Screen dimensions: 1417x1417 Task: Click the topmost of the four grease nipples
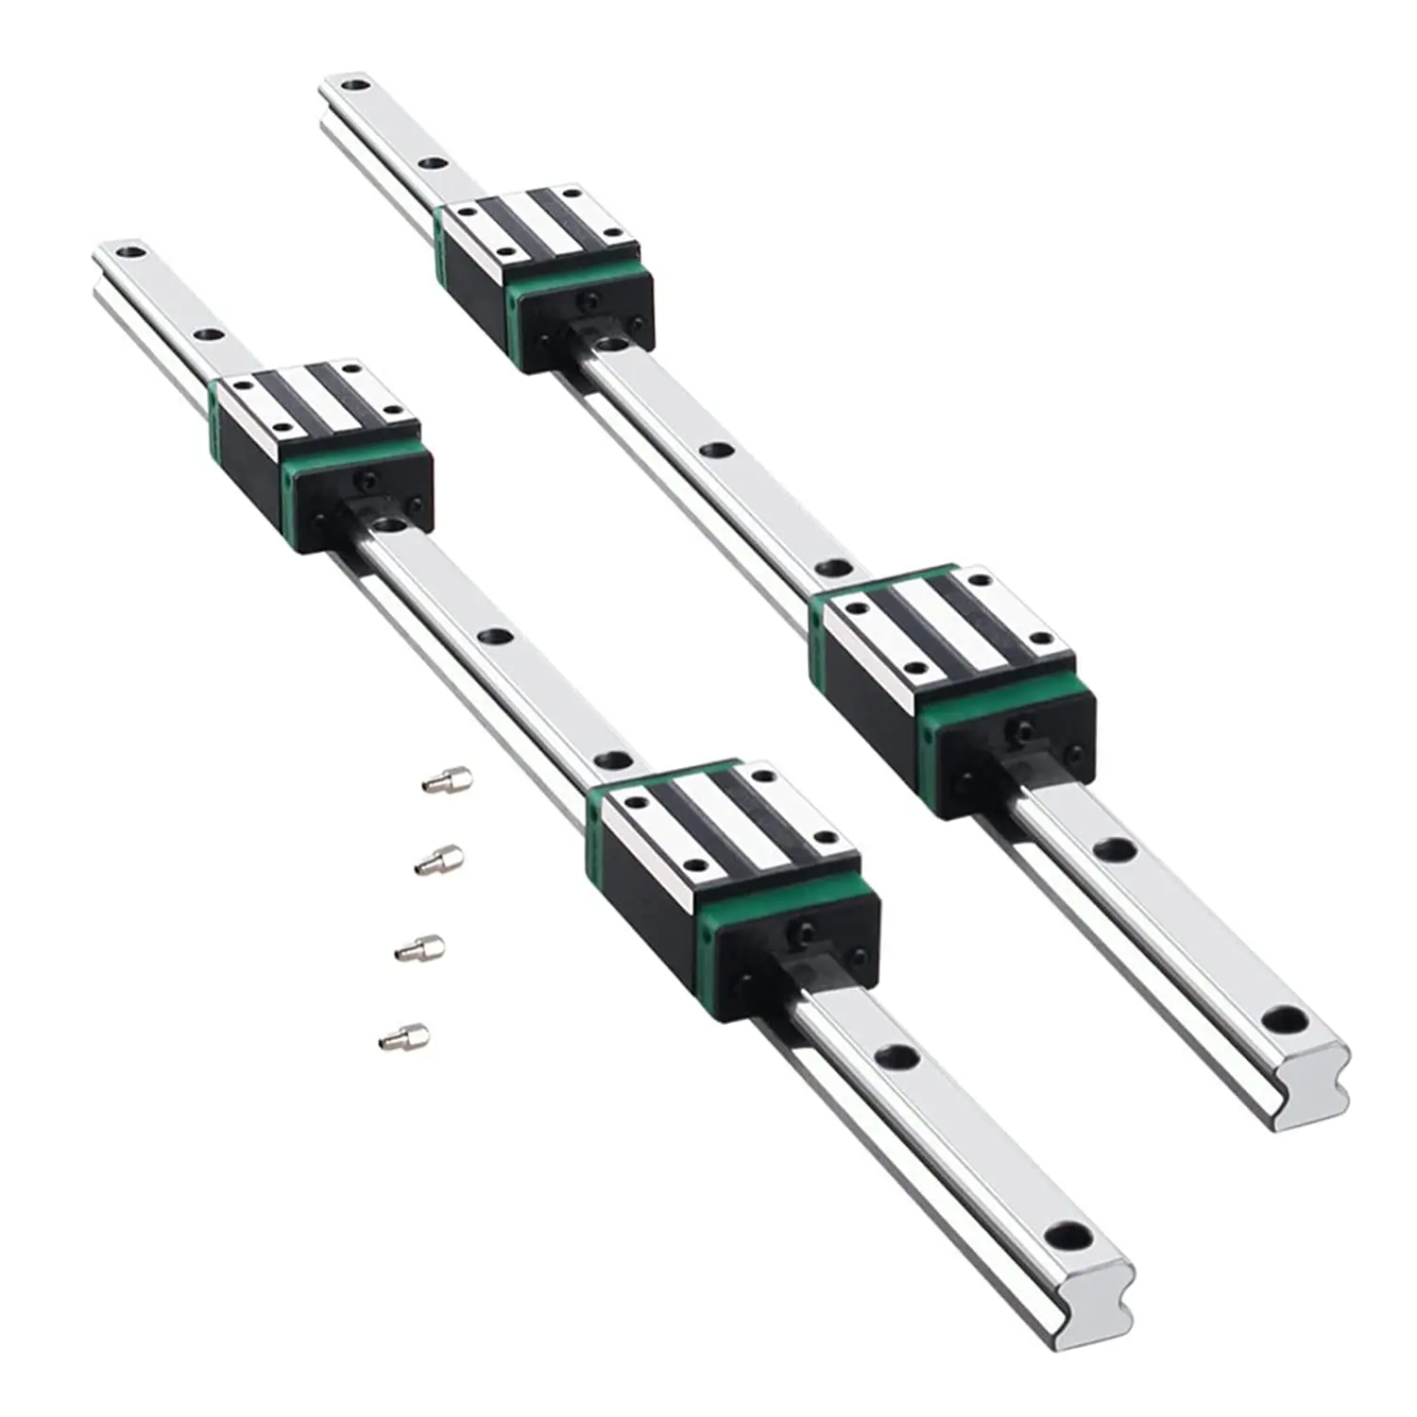coord(447,779)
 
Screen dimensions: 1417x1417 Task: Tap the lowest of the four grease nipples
coord(404,1037)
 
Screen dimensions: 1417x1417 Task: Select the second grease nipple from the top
coord(439,860)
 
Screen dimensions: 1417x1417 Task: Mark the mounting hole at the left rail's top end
coord(131,253)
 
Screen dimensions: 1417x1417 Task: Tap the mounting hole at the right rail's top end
coord(355,86)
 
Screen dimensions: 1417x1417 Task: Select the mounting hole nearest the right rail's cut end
coord(1285,1020)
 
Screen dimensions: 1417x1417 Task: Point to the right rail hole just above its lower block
coord(833,569)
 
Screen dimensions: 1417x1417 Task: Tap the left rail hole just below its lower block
coord(895,1054)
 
